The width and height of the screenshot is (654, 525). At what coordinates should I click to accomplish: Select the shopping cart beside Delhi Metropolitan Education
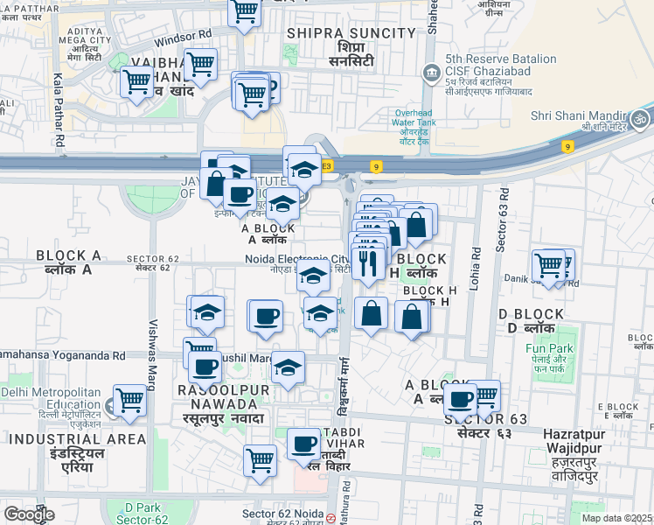point(129,401)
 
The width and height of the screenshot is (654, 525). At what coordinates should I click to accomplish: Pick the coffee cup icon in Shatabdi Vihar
point(304,444)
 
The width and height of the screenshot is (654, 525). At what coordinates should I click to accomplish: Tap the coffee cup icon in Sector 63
point(460,400)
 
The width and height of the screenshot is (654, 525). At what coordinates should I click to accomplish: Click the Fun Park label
point(549,348)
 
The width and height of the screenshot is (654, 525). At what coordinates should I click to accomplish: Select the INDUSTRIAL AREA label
point(48,437)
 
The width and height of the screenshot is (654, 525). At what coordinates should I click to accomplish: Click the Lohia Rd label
point(476,262)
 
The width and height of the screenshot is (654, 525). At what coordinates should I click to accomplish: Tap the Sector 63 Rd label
point(501,223)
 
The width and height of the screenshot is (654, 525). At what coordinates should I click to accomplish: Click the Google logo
point(29,514)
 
